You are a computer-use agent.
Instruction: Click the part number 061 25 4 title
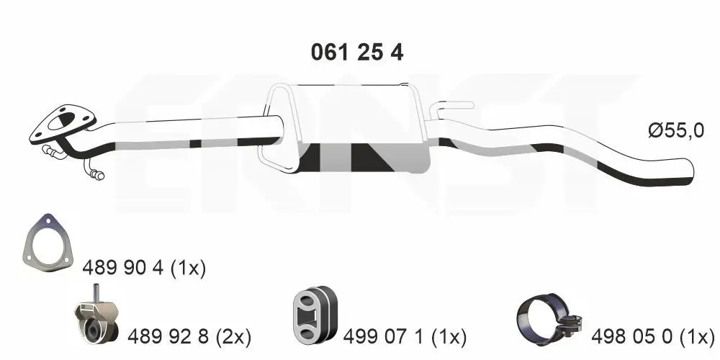click(x=357, y=53)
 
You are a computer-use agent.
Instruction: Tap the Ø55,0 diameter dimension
click(x=675, y=131)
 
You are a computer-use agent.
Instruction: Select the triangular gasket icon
click(x=48, y=243)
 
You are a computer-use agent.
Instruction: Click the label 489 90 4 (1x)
click(x=144, y=268)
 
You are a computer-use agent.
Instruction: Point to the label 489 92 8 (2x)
click(x=189, y=338)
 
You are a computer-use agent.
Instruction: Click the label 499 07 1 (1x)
click(x=405, y=338)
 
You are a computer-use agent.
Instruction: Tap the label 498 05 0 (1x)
click(x=652, y=338)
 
